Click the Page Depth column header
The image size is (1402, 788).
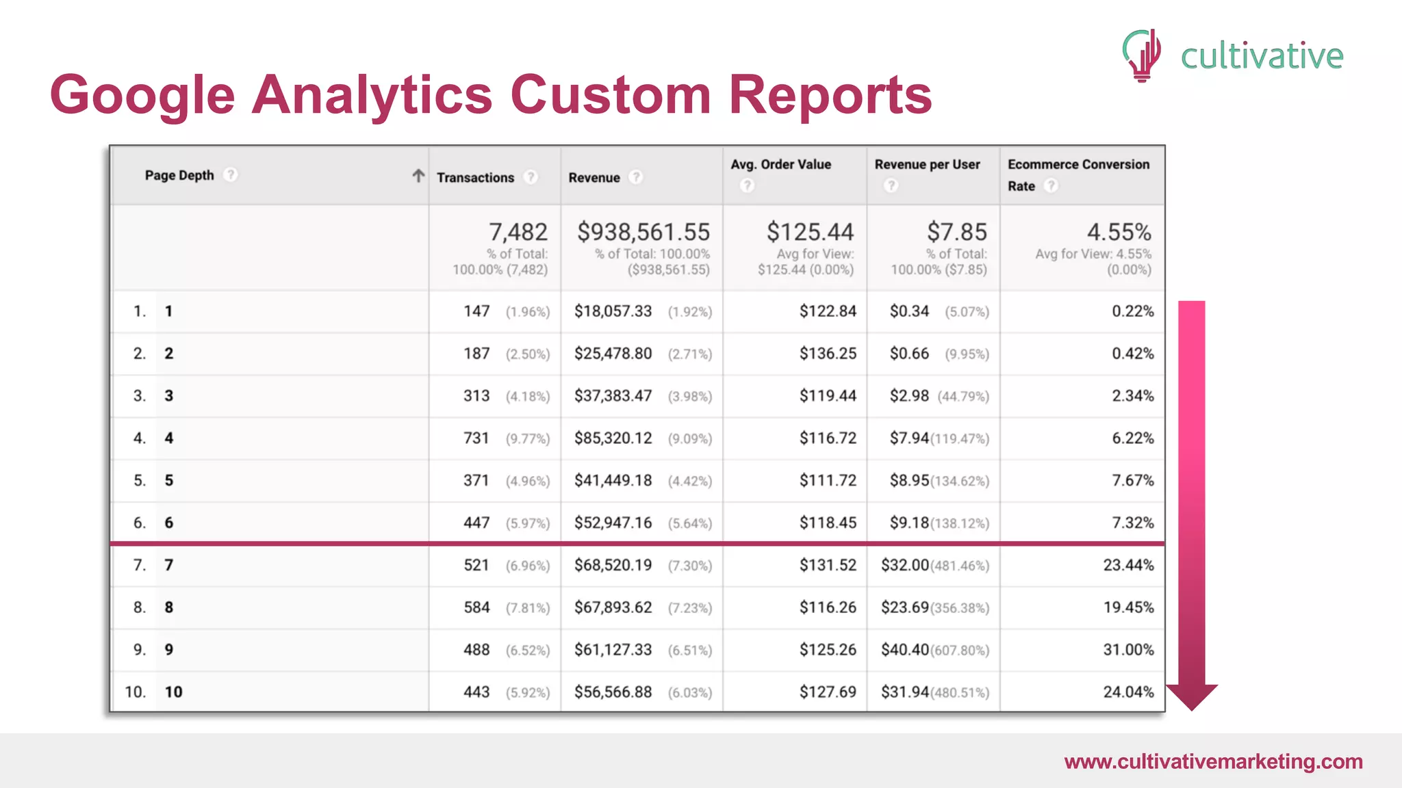click(179, 176)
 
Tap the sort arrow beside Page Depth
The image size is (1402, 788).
click(418, 176)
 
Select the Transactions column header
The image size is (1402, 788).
click(475, 178)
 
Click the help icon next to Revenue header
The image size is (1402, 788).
click(636, 177)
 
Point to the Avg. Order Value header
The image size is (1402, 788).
click(780, 165)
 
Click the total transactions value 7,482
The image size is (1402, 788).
click(518, 233)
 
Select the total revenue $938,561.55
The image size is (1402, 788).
click(643, 233)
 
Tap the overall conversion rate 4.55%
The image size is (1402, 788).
click(1119, 233)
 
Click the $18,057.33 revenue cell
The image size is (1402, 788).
click(613, 312)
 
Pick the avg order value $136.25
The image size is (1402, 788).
click(828, 354)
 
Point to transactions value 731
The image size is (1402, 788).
click(476, 438)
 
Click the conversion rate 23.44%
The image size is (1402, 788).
click(1128, 565)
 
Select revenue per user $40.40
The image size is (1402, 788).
click(904, 650)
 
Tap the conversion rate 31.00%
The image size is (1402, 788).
click(1128, 650)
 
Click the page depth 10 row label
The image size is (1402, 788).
click(173, 692)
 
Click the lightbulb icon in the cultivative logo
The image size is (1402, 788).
click(1142, 55)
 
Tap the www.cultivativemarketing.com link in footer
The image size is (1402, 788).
click(1213, 762)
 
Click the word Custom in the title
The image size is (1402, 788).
click(610, 94)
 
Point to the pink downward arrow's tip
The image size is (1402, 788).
click(1192, 707)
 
